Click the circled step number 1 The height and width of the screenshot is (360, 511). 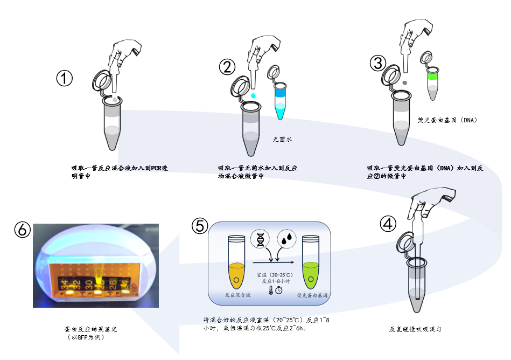[x=65, y=79]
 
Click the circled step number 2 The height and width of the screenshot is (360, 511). [x=227, y=66]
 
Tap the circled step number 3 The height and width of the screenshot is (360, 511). [x=379, y=63]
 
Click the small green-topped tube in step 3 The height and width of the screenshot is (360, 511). [x=432, y=82]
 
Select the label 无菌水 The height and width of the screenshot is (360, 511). [x=282, y=139]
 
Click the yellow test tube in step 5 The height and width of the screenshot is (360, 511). [x=235, y=262]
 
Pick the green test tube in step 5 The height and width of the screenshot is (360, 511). [x=310, y=262]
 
